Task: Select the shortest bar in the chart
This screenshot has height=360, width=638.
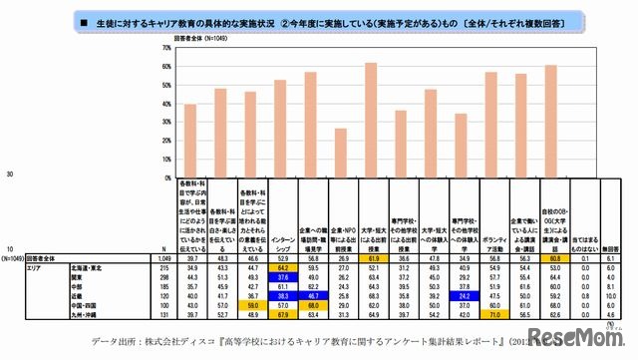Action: coord(340,151)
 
